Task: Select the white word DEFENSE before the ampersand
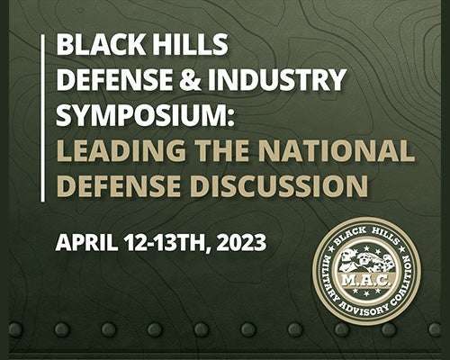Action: click(x=114, y=78)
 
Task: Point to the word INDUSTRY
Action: click(x=277, y=78)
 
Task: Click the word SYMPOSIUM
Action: click(x=145, y=114)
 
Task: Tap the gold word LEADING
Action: click(x=121, y=150)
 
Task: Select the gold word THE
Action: click(x=222, y=150)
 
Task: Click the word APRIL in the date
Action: click(x=86, y=242)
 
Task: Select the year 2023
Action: click(x=241, y=242)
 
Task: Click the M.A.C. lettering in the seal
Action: click(x=366, y=281)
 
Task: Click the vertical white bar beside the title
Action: click(x=43, y=118)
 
